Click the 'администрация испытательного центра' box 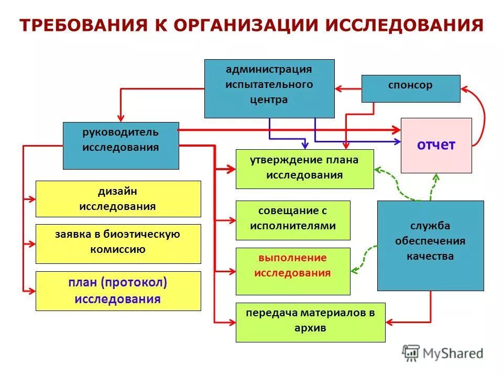click(269, 88)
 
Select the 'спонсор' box click(411, 88)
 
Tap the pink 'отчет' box click(436, 145)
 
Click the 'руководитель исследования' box click(121, 145)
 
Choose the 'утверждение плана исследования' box click(304, 169)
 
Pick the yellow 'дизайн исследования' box click(118, 198)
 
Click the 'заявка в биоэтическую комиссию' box click(118, 243)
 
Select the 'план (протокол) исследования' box click(118, 291)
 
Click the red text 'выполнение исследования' click(292, 265)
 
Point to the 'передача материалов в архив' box click(310, 321)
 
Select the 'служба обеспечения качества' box click(430, 245)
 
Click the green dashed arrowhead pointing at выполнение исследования click(355, 270)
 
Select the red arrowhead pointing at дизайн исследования click(32, 199)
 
